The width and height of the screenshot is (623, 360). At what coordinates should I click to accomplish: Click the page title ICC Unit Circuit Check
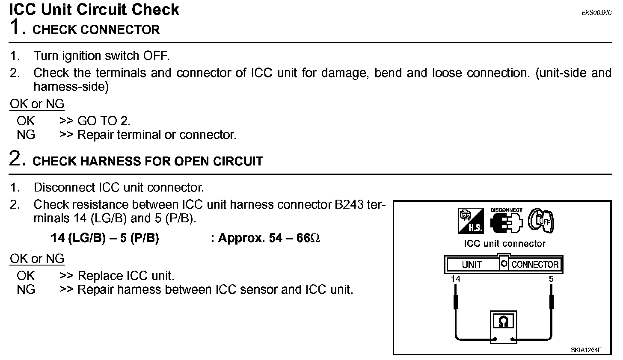click(x=94, y=9)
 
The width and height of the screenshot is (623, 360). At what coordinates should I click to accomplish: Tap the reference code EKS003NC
click(x=596, y=13)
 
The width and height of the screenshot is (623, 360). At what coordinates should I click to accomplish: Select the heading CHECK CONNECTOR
click(x=96, y=30)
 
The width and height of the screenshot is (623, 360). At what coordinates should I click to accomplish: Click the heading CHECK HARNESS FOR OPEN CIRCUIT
click(x=148, y=161)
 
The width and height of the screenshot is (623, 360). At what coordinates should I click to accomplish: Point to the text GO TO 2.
click(x=104, y=121)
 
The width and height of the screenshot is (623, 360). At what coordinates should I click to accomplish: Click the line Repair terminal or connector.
click(x=157, y=135)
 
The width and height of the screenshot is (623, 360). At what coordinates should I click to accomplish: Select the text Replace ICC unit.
click(x=126, y=276)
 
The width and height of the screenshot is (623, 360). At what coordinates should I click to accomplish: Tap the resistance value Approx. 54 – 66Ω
click(x=269, y=238)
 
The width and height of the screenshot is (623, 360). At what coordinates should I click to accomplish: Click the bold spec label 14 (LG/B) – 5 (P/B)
click(x=105, y=238)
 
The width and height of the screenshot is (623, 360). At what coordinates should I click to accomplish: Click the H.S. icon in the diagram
click(x=470, y=221)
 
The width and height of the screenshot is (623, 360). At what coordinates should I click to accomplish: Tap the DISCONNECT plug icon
click(x=506, y=221)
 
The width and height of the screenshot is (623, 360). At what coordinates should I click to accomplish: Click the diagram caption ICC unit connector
click(x=504, y=244)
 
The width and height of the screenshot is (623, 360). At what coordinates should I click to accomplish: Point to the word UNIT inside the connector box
click(x=472, y=265)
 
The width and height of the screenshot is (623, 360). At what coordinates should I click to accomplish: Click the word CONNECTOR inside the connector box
click(x=535, y=265)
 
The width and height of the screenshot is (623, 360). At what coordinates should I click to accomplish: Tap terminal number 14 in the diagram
click(x=456, y=279)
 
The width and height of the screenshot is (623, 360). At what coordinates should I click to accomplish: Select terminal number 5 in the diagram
click(x=551, y=279)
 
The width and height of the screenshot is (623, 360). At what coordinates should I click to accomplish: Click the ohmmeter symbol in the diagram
click(x=503, y=322)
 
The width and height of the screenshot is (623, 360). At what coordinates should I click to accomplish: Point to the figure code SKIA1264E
click(x=586, y=350)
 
